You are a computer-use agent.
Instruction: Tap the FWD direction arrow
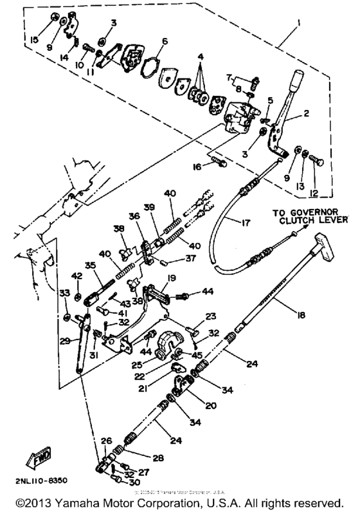[x=32, y=459]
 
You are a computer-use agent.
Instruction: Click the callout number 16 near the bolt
[x=197, y=167]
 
